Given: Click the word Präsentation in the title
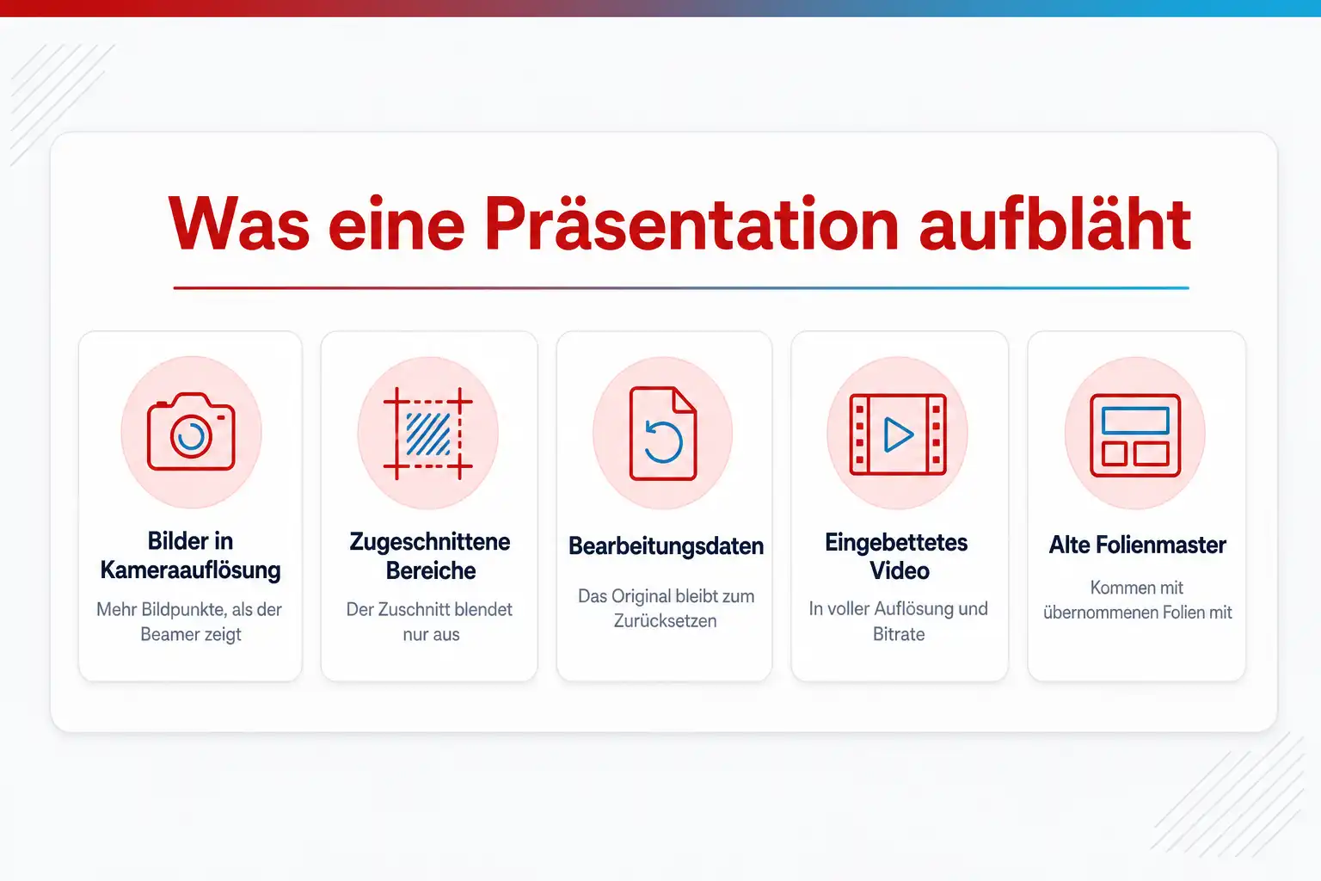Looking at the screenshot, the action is point(691,225).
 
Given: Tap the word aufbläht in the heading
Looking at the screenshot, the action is point(1055,225).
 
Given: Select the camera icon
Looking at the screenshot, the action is point(191,432).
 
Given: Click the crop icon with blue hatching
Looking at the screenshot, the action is point(428,433).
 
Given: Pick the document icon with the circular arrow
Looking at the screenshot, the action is point(663,433).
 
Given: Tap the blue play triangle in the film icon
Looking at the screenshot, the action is point(899,434).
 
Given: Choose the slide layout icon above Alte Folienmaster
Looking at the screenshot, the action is point(1135,434).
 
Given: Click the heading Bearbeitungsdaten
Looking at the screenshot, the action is point(666,546).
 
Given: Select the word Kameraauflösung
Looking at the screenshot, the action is point(190,570).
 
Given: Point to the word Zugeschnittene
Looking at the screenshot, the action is point(430,542).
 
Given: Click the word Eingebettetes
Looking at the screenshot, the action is point(896,543).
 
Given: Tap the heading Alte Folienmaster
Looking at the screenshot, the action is point(1137,545).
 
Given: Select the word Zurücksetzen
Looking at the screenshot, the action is point(665,621).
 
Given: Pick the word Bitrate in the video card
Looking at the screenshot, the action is point(899,634).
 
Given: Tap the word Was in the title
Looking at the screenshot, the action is point(239,225).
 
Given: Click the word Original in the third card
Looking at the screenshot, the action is point(643,596).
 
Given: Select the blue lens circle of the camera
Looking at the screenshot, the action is point(191,437).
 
